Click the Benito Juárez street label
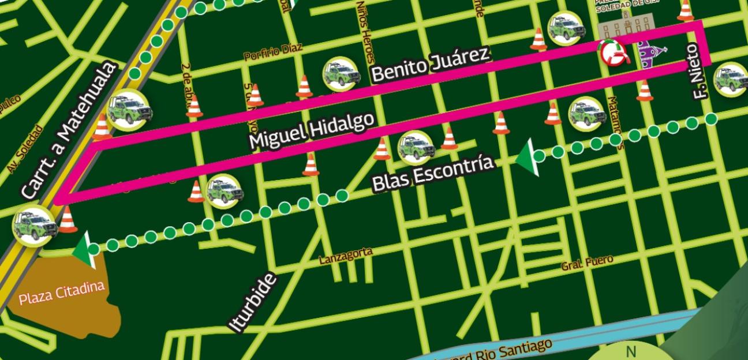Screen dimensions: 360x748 [x=431, y=63]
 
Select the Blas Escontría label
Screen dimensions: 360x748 [x=433, y=173]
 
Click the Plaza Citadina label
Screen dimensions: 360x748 [x=62, y=293]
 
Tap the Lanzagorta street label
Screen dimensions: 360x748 [x=346, y=256]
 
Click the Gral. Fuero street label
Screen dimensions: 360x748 [x=587, y=263]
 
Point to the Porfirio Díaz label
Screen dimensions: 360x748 [x=272, y=53]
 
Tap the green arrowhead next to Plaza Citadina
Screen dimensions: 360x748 [x=85, y=249]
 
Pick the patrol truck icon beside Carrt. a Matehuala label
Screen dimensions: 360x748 [x=129, y=108]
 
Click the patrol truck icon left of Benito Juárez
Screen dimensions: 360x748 [x=341, y=74]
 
